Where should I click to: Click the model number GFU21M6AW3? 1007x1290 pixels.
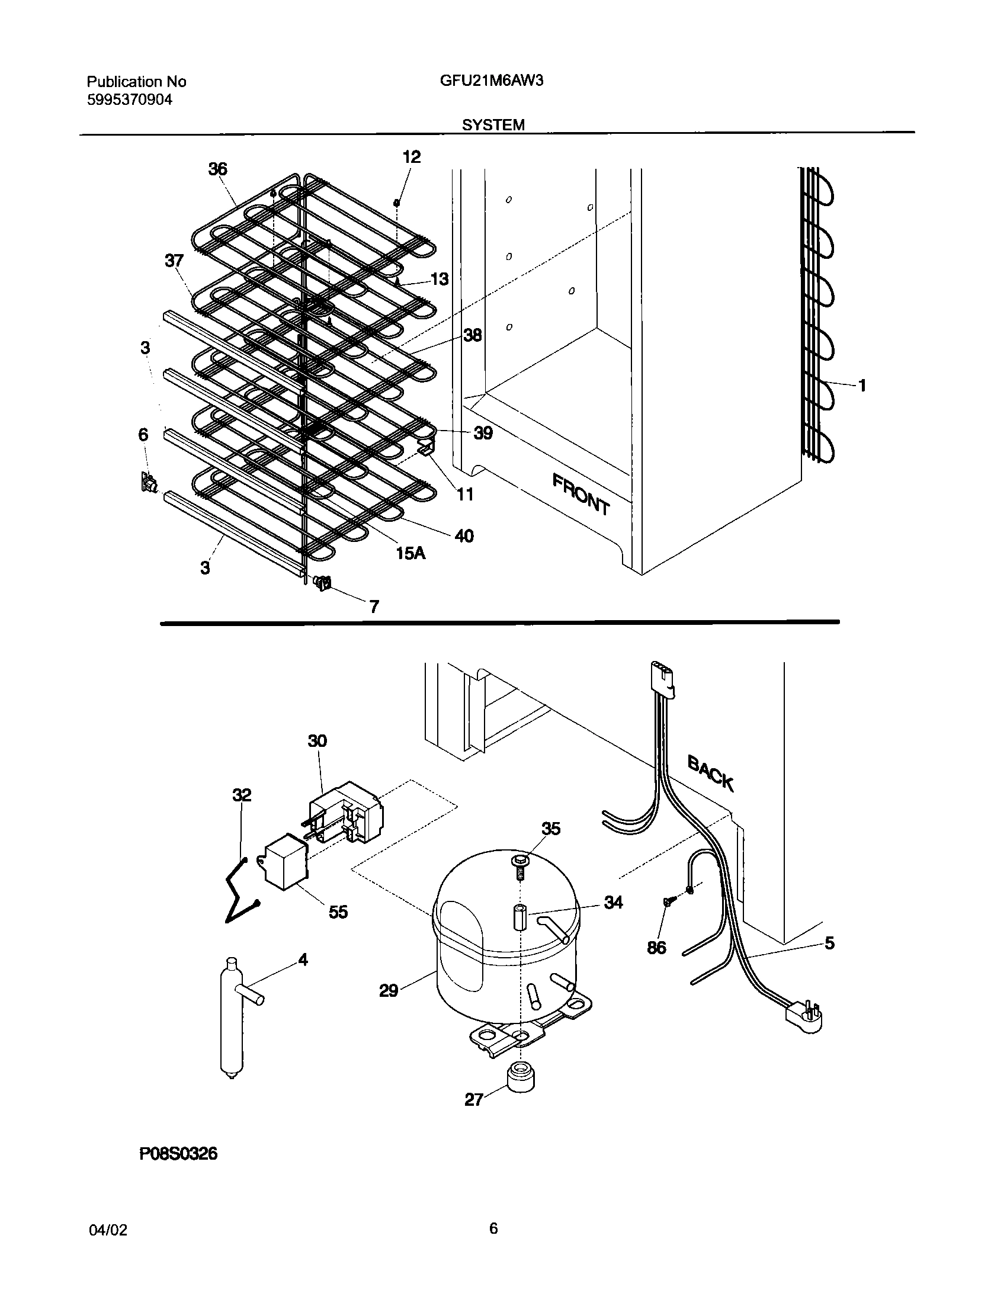pos(491,81)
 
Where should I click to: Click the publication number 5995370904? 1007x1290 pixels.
pos(130,100)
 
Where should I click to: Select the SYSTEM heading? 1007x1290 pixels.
pos(493,125)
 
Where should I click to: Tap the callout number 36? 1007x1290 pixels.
pos(217,169)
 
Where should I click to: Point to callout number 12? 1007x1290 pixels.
pos(411,157)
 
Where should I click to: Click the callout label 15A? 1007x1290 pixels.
pos(411,553)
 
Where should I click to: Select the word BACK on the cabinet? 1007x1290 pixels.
pos(711,773)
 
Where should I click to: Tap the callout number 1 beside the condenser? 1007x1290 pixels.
pos(862,386)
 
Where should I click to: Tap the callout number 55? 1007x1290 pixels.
pos(338,912)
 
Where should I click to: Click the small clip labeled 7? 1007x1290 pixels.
pos(323,584)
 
